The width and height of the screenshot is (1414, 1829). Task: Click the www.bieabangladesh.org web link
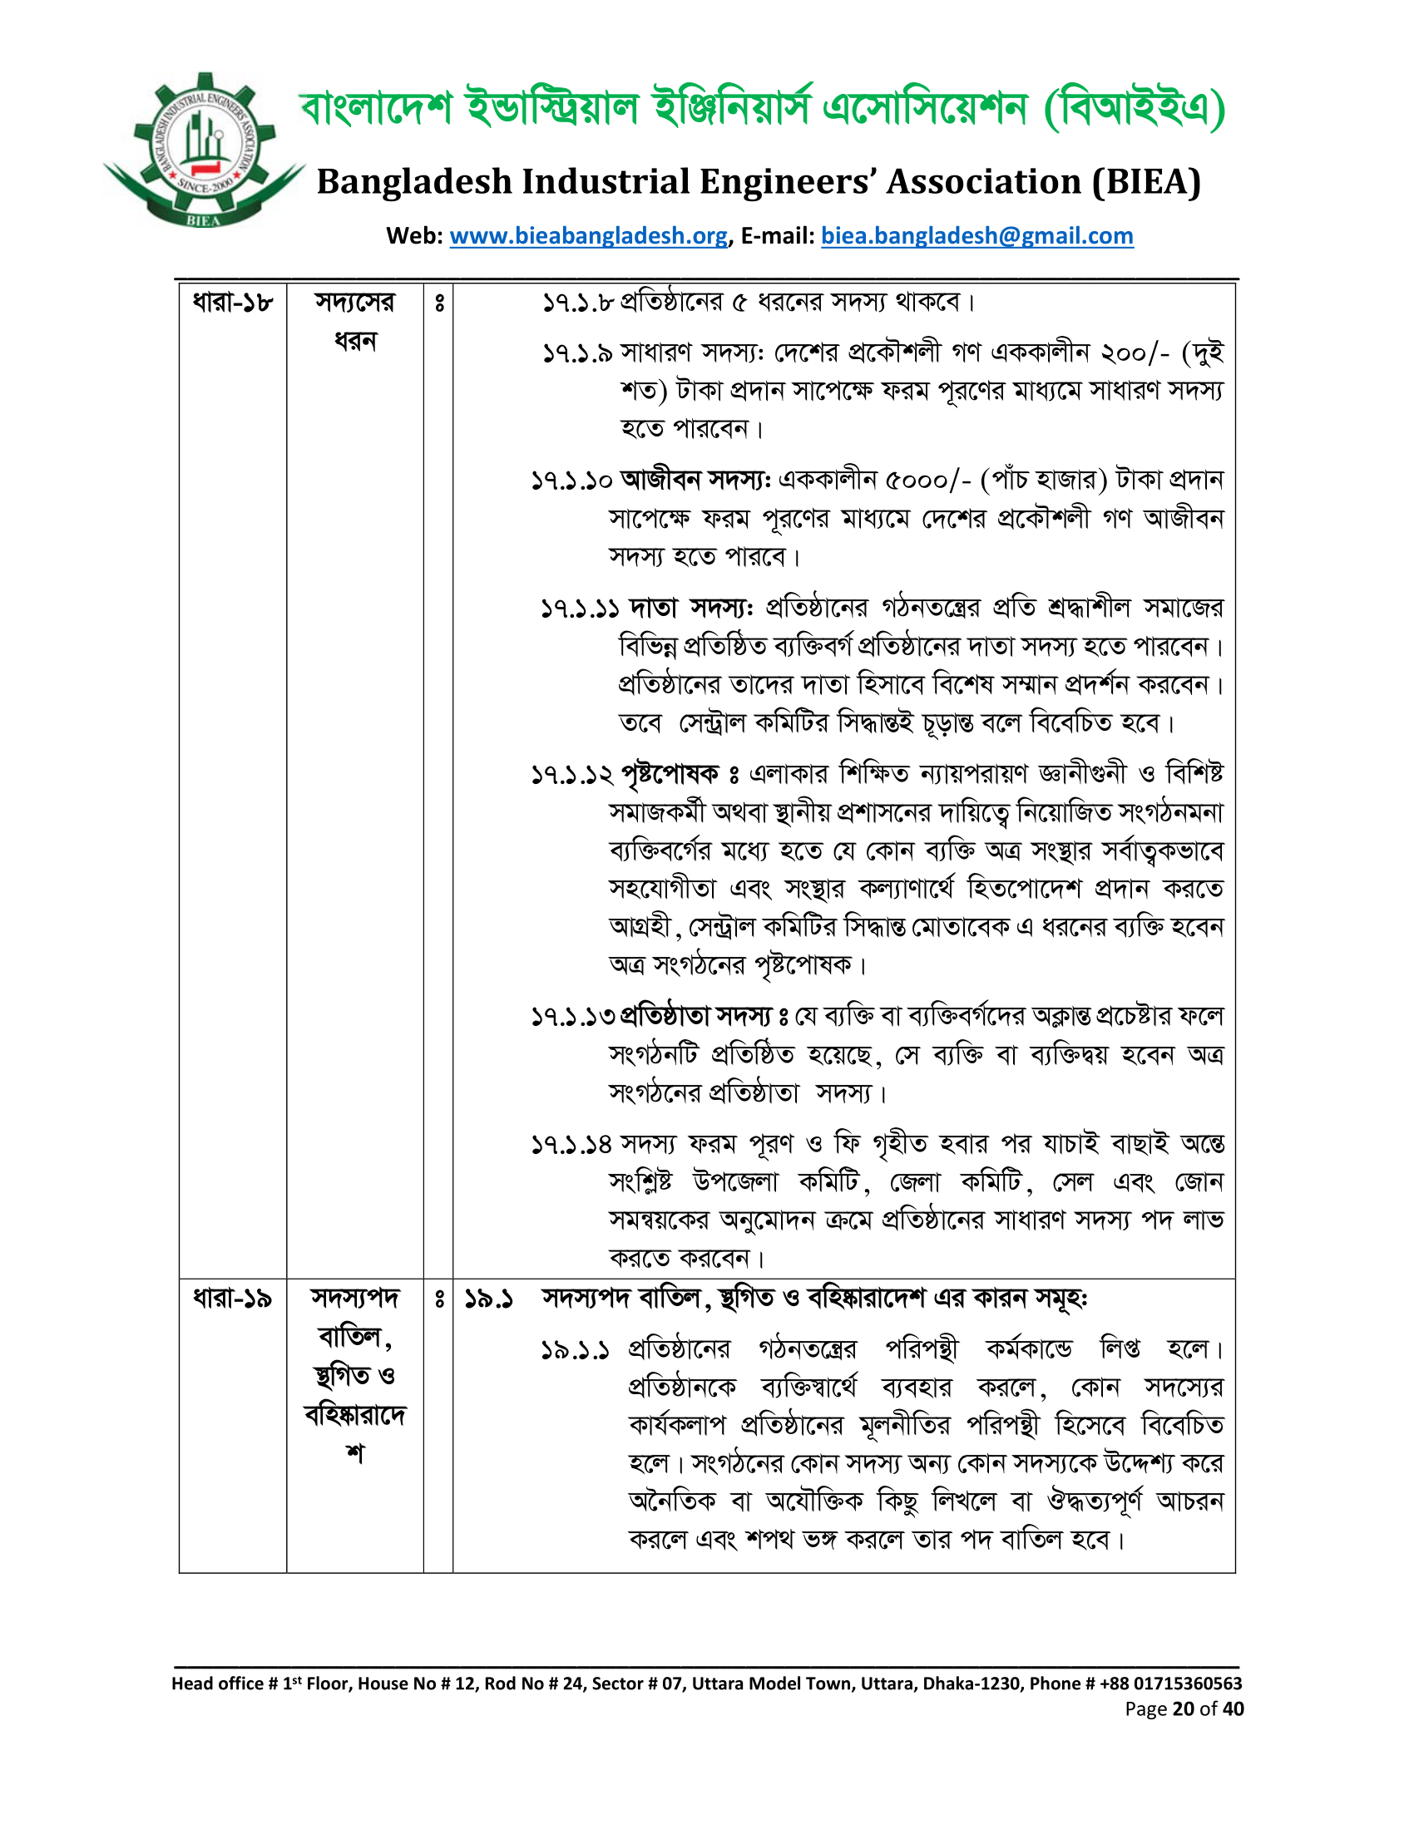click(x=588, y=236)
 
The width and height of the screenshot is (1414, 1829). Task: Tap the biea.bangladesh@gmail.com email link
click(x=976, y=236)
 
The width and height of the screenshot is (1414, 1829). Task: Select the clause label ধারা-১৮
click(x=232, y=303)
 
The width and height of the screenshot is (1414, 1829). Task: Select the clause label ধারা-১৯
click(x=232, y=1299)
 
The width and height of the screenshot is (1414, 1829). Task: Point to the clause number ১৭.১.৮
click(x=577, y=303)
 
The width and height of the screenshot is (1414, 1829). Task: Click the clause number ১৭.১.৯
click(x=577, y=353)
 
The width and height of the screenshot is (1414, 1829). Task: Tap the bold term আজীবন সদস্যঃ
click(x=695, y=481)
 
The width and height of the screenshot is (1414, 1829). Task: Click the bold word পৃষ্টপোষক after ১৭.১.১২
click(x=670, y=775)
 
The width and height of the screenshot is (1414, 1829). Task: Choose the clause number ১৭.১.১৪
click(x=571, y=1145)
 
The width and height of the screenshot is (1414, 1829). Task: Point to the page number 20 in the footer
click(x=1183, y=1708)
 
